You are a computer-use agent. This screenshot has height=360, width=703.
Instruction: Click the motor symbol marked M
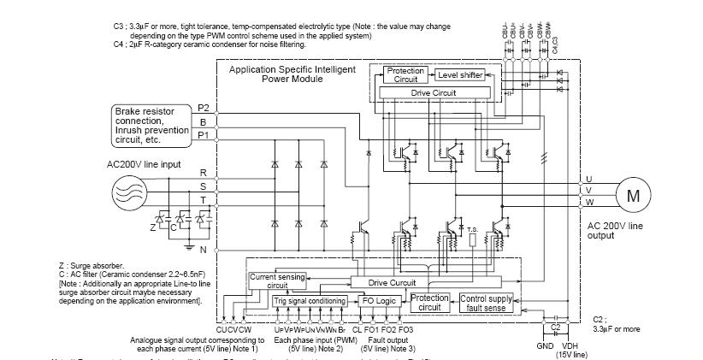633,195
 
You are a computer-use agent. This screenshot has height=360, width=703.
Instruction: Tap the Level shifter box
461,75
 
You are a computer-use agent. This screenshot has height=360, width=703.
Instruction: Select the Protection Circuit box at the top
400,75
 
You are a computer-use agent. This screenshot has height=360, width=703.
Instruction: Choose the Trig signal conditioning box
309,301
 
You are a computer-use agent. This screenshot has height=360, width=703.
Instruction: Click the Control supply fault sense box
485,303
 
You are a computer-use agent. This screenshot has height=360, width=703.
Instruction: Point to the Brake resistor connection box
151,125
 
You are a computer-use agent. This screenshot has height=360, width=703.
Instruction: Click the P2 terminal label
204,108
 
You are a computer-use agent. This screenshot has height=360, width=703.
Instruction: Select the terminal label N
204,250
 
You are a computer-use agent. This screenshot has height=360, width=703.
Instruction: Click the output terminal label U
588,179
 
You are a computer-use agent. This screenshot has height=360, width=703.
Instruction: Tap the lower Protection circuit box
430,303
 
